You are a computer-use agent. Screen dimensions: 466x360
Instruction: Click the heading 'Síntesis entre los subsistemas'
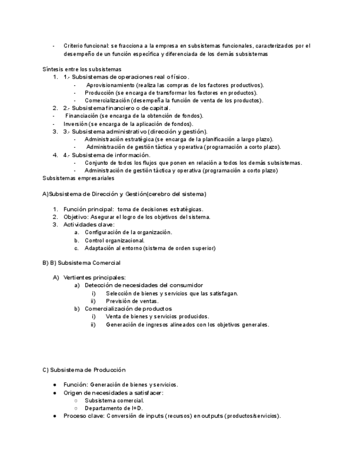[81, 69]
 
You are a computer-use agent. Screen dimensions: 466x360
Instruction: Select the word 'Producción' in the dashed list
[99, 93]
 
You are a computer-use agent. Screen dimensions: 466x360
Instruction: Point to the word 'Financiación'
[82, 116]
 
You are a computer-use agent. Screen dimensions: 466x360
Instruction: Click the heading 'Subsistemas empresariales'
[78, 178]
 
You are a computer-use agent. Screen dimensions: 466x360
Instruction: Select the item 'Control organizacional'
[115, 240]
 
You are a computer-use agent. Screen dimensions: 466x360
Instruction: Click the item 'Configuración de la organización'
[128, 232]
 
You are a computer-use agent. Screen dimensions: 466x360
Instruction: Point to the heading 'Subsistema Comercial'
[89, 263]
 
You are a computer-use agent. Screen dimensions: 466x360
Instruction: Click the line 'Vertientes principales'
[94, 278]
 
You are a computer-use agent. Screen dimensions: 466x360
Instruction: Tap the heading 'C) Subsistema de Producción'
[84, 370]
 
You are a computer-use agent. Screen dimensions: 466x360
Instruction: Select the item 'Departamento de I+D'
[113, 408]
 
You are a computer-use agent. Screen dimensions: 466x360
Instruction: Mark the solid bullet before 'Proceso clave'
[54, 416]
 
